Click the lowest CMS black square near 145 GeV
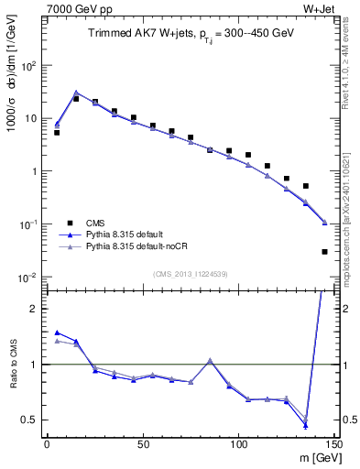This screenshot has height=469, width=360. point(324,251)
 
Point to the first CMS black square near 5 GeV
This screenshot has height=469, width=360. point(57,133)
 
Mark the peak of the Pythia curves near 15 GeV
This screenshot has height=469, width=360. point(76,93)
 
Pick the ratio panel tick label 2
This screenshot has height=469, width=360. point(34,309)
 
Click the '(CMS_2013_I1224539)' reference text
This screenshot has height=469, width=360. point(189,273)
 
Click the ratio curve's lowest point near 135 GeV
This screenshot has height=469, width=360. point(305,425)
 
